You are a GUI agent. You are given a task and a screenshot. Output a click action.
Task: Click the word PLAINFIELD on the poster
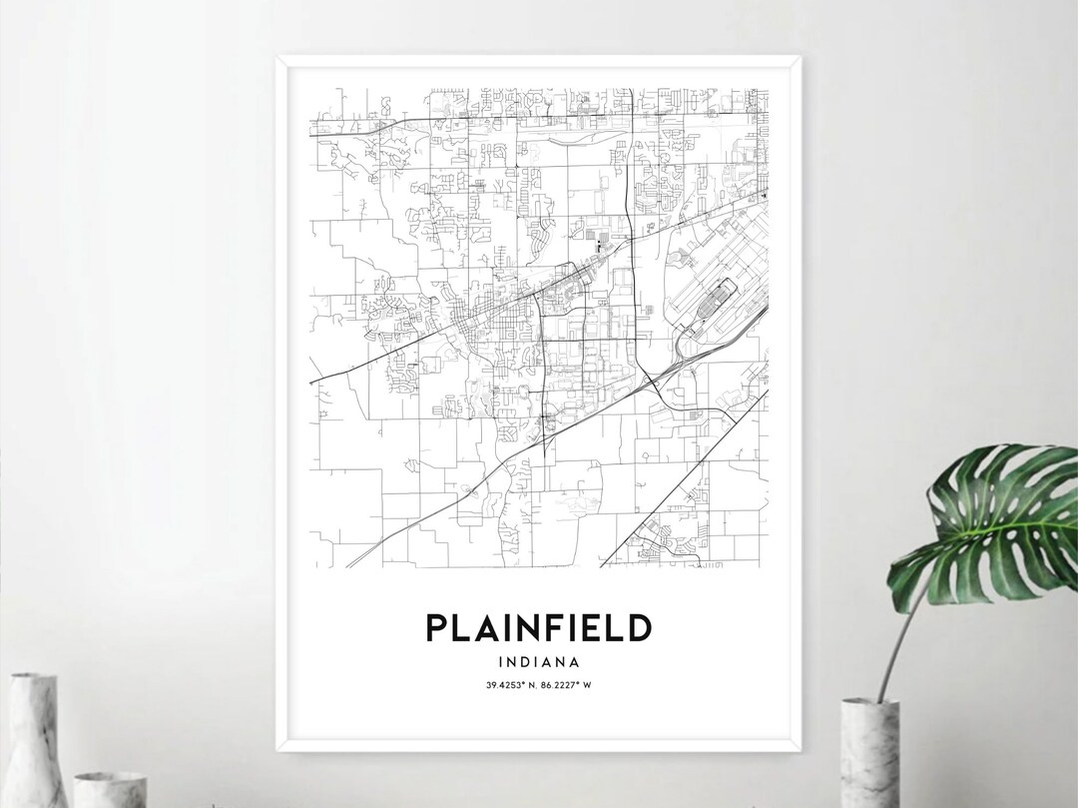539,627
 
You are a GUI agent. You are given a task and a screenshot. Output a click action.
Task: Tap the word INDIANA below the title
539,660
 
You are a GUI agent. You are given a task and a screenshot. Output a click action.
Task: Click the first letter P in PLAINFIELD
435,627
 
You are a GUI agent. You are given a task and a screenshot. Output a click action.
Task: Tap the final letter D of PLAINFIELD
640,627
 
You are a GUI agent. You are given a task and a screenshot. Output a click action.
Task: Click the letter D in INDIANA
528,660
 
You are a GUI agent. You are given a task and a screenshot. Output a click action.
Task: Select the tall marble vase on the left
33,739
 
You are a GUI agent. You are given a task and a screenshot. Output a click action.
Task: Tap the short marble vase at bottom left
110,788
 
